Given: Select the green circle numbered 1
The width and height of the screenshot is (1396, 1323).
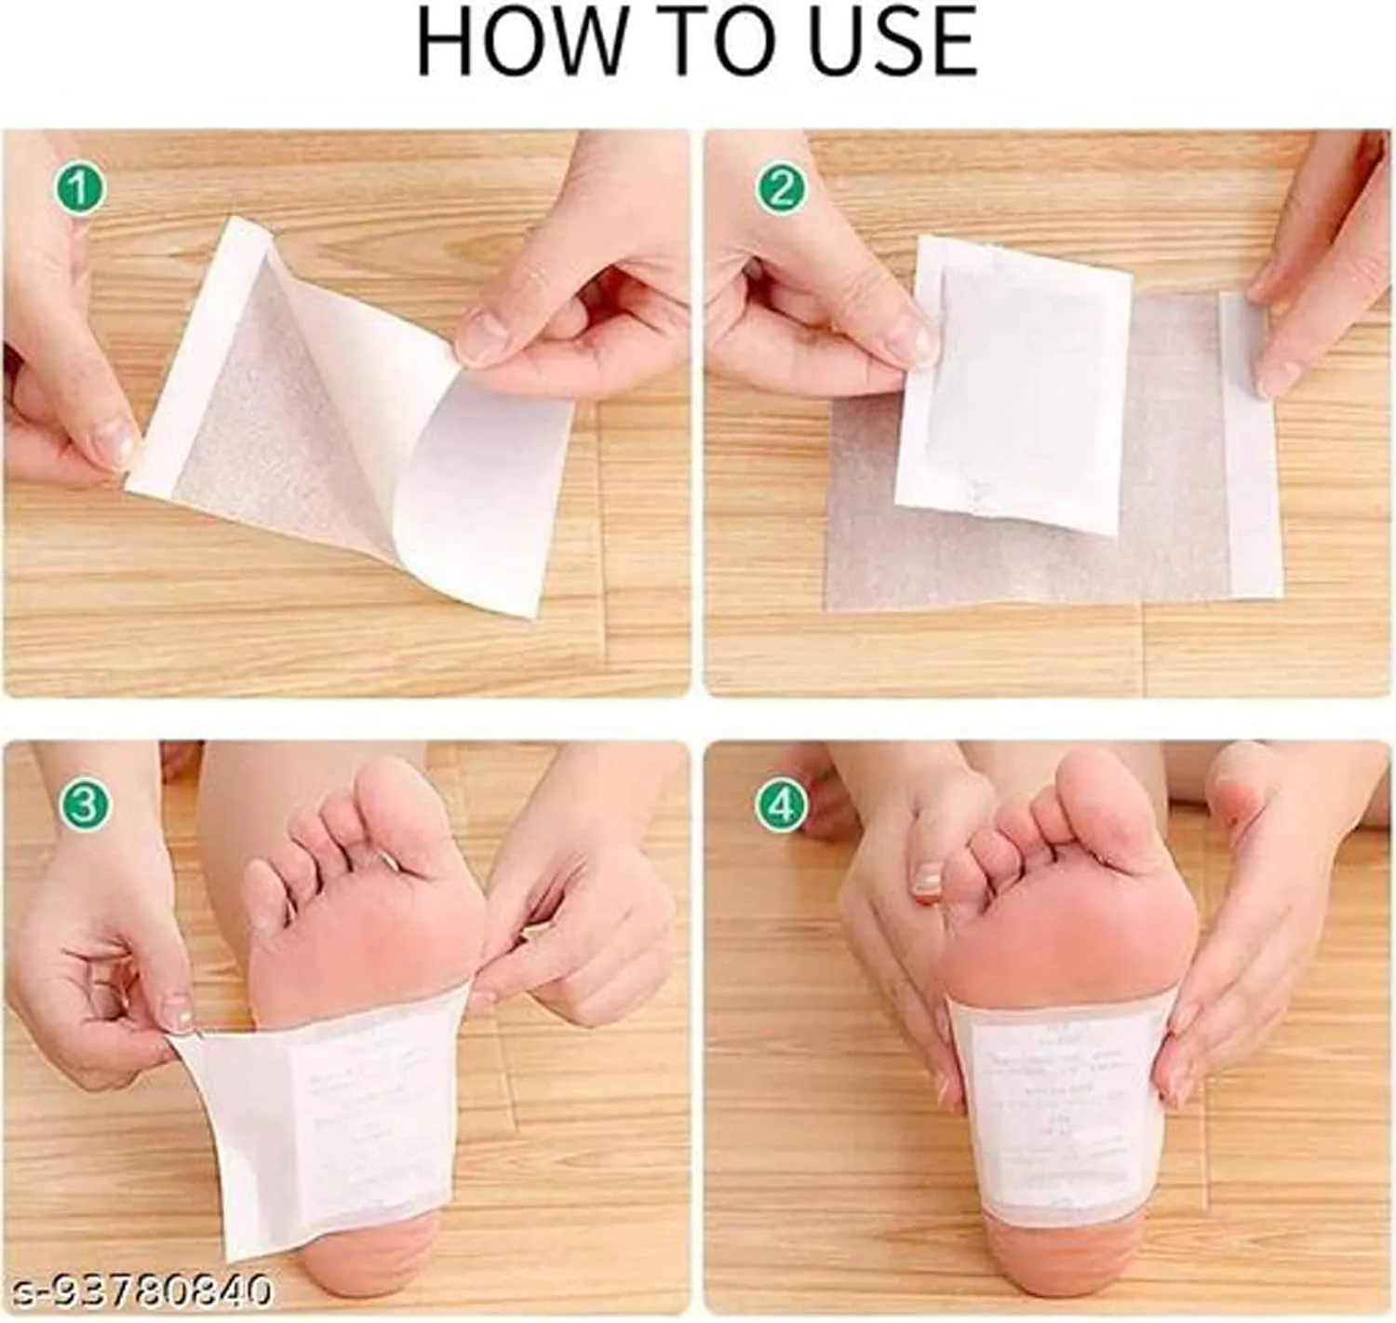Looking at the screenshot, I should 79,190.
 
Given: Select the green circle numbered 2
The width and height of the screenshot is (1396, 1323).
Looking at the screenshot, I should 781,190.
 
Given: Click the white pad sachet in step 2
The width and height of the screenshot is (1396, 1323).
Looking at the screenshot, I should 1014,382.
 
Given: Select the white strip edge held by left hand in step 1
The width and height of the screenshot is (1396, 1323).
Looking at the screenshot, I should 200,354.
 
